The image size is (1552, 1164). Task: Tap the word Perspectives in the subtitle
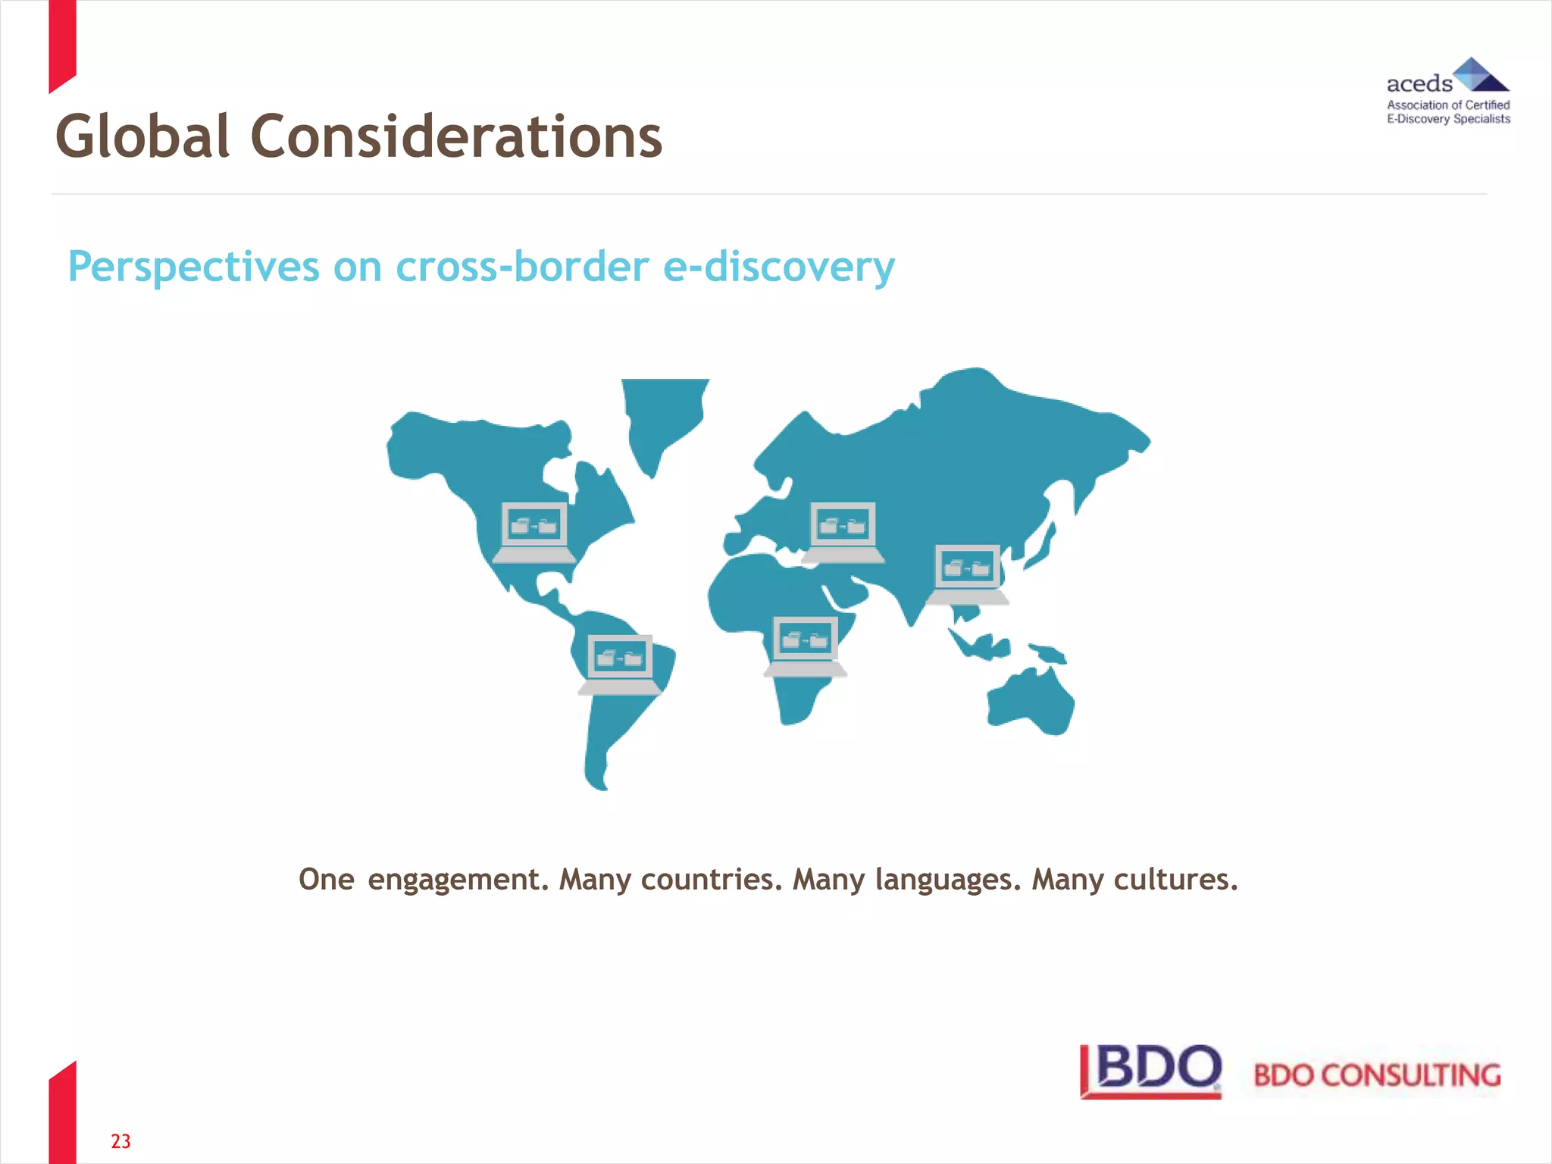tap(194, 267)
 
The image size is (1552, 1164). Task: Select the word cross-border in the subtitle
tap(522, 267)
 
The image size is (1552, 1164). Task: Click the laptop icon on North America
tap(534, 531)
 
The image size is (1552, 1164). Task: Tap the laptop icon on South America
tap(620, 664)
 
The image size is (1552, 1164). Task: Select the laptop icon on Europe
tap(843, 531)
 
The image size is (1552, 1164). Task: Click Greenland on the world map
tap(661, 417)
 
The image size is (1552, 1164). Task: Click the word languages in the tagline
tap(948, 880)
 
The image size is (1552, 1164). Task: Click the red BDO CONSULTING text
tap(1377, 1075)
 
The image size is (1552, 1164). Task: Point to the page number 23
tap(120, 1141)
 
